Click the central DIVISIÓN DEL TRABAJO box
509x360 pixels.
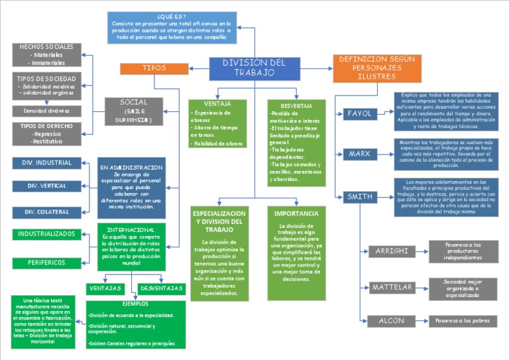click(254, 68)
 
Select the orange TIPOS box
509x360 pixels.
click(154, 68)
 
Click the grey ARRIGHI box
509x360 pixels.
click(392, 251)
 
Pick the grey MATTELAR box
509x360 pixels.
click(392, 287)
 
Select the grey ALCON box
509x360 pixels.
click(392, 321)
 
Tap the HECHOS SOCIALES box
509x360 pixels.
click(46, 55)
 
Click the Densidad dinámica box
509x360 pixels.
click(46, 111)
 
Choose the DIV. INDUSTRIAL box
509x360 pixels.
click(47, 163)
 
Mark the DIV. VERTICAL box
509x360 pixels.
click(47, 186)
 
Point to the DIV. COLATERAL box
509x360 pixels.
click(47, 212)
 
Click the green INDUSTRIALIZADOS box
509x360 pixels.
click(47, 234)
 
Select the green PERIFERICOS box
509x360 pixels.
click(47, 263)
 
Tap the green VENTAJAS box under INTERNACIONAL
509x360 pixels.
click(105, 288)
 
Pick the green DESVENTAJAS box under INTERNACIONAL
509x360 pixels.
click(162, 288)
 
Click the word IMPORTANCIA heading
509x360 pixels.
click(296, 213)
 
